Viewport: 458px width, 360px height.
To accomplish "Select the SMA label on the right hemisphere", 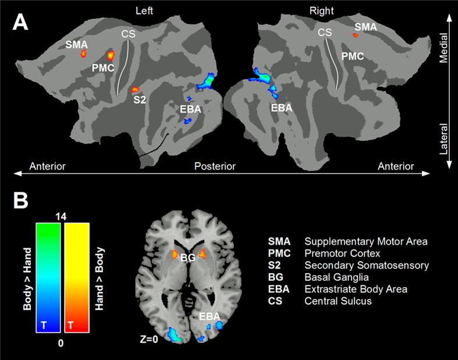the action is coord(365,27).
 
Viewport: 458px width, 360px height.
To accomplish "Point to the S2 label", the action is coord(140,100).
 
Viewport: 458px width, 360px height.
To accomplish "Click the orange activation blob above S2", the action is coord(135,89).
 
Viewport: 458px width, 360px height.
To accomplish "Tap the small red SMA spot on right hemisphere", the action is coord(355,35).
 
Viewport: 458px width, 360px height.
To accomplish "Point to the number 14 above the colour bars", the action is coord(61,216).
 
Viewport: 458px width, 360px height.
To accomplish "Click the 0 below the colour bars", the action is coord(61,343).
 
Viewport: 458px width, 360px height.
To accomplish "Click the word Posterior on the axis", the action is coord(215,167).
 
